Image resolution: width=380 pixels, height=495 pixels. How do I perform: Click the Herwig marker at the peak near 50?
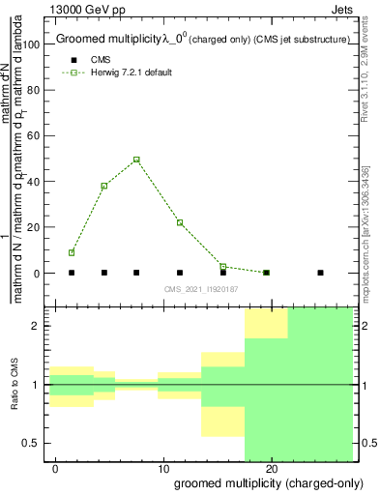[x=136, y=160]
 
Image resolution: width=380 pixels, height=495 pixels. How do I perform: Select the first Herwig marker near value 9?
[x=72, y=252]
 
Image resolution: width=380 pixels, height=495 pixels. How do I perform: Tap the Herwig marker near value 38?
[x=103, y=186]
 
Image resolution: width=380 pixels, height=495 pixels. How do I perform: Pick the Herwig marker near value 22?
[x=180, y=222]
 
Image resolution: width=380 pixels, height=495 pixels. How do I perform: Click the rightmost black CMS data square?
[x=320, y=273]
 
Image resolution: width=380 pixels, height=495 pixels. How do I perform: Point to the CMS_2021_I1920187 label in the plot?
[x=201, y=289]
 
